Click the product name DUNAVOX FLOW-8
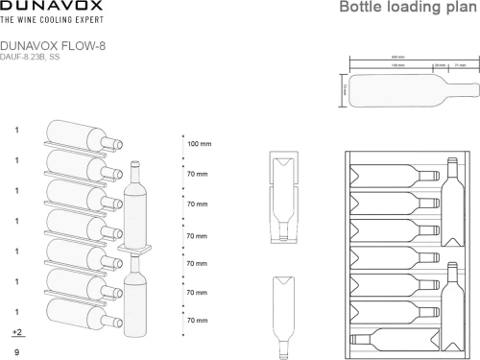[51, 44]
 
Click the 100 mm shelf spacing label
[199, 144]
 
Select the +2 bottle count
[17, 332]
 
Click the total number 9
[17, 353]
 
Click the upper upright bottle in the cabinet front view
[451, 204]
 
